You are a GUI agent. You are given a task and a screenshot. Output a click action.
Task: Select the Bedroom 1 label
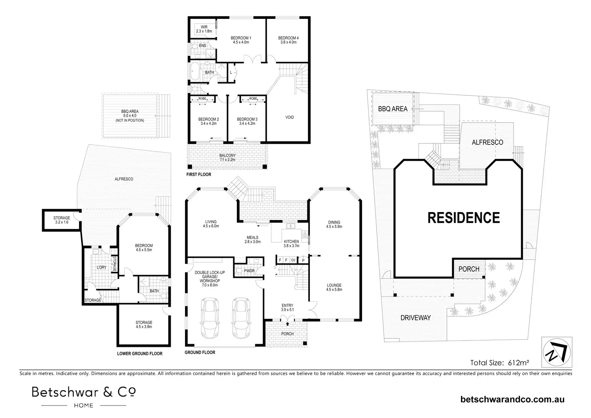click(x=241, y=40)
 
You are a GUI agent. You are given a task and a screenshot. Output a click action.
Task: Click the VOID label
click(x=289, y=117)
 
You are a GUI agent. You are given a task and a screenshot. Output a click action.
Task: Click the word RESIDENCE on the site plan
click(x=464, y=218)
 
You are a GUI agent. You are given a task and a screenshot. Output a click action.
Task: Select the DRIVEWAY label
click(x=416, y=318)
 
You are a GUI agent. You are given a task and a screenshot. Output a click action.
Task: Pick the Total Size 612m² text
click(x=500, y=363)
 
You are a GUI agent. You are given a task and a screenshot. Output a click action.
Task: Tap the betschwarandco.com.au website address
click(x=513, y=400)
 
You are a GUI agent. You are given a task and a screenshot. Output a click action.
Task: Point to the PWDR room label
click(x=249, y=271)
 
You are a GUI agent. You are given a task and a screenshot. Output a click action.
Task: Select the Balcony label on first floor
click(x=228, y=157)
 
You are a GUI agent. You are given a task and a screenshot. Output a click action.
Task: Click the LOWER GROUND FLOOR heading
click(x=140, y=354)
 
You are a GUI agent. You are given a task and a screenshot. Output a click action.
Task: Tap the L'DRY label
click(x=101, y=267)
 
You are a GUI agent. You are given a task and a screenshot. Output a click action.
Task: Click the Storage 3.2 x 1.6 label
click(x=62, y=220)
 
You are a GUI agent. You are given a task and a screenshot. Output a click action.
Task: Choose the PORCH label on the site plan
click(x=469, y=269)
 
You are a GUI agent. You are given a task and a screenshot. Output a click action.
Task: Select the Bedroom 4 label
click(x=288, y=40)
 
